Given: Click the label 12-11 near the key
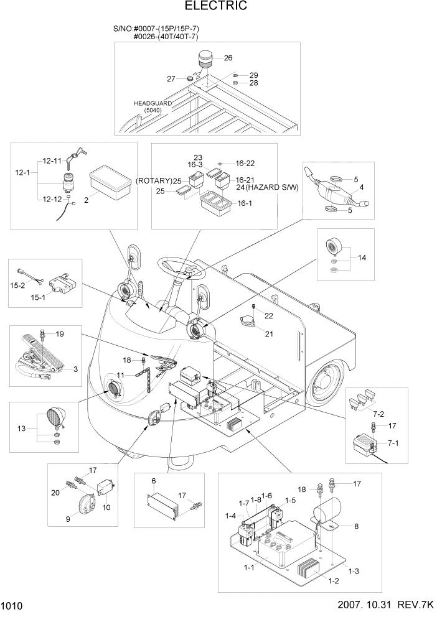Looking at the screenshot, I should (x=52, y=161).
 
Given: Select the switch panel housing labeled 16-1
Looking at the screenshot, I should (x=215, y=203).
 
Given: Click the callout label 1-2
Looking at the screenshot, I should (x=334, y=581).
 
